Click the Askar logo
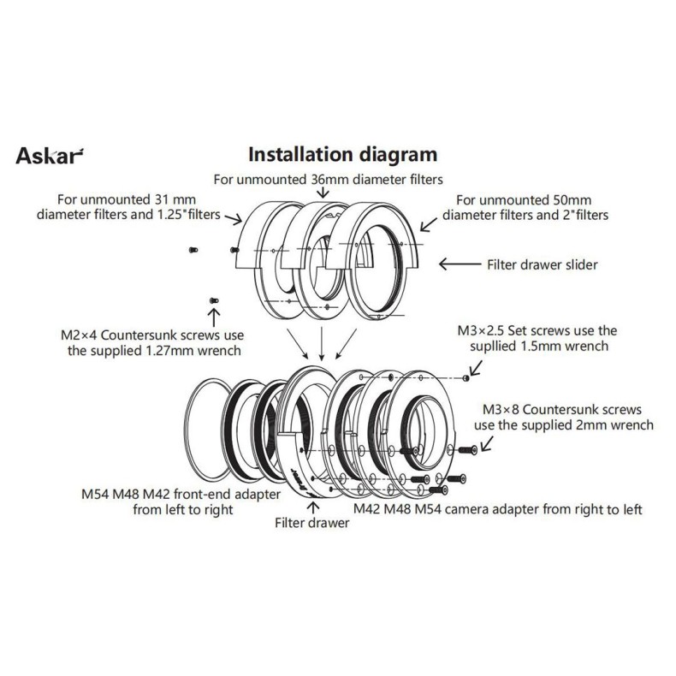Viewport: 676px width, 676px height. click(x=50, y=157)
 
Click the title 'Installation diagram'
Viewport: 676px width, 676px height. click(x=342, y=155)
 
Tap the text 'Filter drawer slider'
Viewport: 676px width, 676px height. click(x=541, y=264)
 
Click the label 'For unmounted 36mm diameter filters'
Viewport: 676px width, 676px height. click(x=327, y=179)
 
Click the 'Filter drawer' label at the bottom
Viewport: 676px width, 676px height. click(x=311, y=522)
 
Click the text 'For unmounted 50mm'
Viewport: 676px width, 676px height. click(x=526, y=199)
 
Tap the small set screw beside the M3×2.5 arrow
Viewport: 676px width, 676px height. click(x=465, y=376)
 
